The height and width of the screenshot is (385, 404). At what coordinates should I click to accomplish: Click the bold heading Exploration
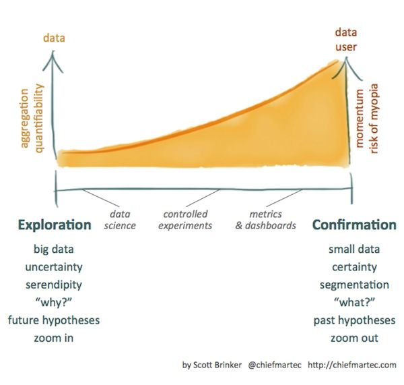pos(55,225)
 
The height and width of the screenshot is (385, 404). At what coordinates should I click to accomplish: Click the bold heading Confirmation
pos(354,225)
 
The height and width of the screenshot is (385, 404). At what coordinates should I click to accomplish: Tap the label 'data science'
pos(120,220)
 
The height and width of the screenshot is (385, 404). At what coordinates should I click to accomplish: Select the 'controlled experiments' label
pos(185,220)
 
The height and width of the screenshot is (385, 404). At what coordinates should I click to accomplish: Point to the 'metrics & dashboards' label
pos(266,220)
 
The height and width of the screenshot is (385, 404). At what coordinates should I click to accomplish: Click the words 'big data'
pos(54,249)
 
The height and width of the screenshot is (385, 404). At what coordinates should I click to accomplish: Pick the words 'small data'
pos(354,249)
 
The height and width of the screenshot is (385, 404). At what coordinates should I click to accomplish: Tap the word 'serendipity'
pos(54,285)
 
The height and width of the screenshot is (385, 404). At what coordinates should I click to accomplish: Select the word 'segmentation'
pos(354,285)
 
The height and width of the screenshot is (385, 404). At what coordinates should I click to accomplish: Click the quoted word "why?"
pos(54,302)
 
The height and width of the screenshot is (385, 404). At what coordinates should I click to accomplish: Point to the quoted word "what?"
pos(354,302)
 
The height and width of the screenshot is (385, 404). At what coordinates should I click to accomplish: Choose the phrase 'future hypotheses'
pos(54,320)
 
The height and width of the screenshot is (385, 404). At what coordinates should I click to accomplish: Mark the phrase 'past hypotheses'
pos(354,320)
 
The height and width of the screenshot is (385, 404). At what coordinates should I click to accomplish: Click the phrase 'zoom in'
pos(54,338)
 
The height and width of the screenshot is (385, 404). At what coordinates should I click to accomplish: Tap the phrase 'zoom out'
pos(354,338)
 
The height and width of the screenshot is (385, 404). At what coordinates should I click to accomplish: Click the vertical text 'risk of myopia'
pos(374,119)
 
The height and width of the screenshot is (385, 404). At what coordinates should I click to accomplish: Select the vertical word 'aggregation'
pos(24,119)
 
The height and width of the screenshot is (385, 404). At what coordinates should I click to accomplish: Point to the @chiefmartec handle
pos(275,365)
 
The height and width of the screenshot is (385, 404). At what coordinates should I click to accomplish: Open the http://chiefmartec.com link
pos(352,365)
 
